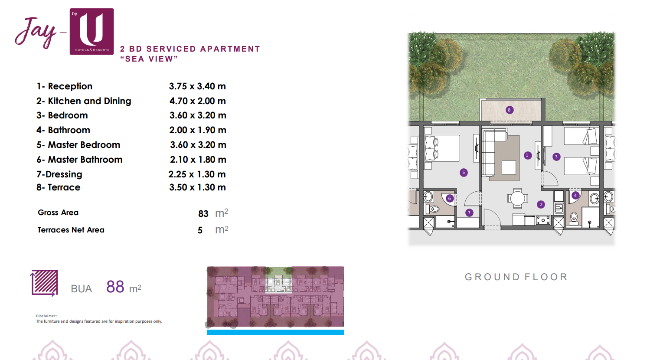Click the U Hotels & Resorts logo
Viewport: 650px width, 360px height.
coord(91,31)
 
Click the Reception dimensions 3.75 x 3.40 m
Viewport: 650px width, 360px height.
coord(197,86)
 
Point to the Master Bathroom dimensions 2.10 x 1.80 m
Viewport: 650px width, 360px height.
coord(198,159)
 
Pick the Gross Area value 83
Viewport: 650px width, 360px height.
coord(203,214)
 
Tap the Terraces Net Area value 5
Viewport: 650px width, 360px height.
coord(200,230)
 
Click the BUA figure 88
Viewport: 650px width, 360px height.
coord(115,287)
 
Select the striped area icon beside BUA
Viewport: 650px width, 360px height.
coord(44,283)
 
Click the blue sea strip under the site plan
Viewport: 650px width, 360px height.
coord(275,332)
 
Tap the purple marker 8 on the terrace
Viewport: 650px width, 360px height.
coord(509,110)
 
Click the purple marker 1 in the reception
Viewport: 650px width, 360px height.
coord(528,155)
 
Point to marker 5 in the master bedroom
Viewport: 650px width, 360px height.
coord(464,173)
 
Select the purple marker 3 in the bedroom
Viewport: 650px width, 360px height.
coord(556,157)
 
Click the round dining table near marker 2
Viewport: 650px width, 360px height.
coord(517,199)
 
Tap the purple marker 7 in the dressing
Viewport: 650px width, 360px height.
coord(469,213)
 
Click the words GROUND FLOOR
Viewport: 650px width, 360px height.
coord(516,277)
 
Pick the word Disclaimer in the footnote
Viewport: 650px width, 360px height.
coord(46,316)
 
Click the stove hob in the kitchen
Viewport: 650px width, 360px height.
coord(543,220)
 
